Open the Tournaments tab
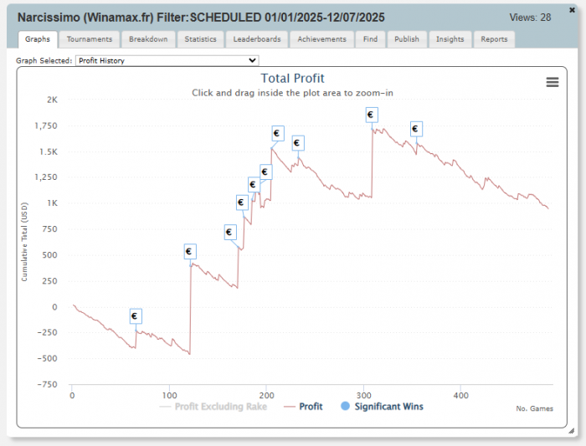90,39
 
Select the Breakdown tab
148,39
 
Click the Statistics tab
200,39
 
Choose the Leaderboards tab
257,39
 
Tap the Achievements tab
321,39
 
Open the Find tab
370,39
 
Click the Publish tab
407,39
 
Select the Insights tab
450,39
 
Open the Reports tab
494,39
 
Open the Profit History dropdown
167,60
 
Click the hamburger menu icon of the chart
552,81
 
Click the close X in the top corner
573,8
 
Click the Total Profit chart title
292,79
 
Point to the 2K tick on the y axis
52,100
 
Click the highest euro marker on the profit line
371,115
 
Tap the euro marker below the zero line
136,316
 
